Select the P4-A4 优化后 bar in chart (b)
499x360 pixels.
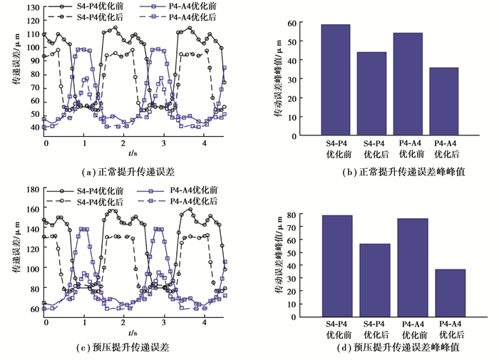(x=443, y=101)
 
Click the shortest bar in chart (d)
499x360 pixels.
(x=450, y=293)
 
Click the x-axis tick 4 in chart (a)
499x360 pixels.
(x=205, y=143)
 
